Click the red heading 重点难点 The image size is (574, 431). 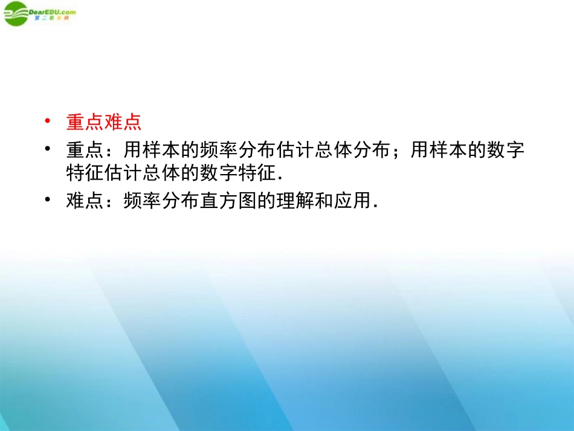pos(103,122)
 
